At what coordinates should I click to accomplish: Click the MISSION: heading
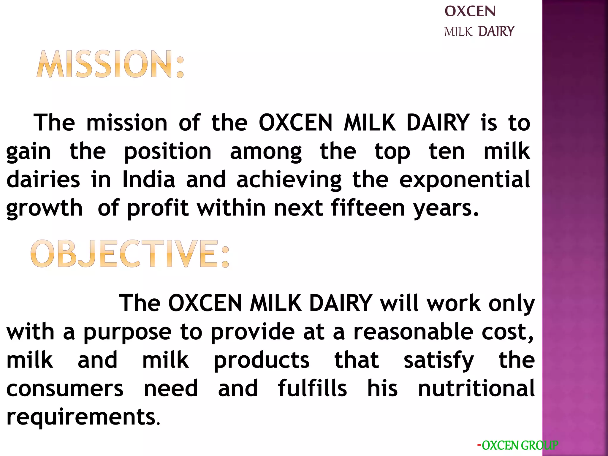(110, 64)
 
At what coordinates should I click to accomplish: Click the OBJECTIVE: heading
(130, 254)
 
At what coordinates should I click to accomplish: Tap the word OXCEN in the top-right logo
(470, 12)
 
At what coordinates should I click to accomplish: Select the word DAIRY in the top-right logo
(496, 31)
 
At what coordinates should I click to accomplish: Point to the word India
(149, 180)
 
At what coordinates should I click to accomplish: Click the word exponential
(465, 180)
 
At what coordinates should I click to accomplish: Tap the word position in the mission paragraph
(168, 151)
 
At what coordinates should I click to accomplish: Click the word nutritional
(476, 388)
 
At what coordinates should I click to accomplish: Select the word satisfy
(439, 360)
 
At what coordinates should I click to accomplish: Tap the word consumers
(65, 388)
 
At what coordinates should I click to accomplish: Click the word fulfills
(312, 388)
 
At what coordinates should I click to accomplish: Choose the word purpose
(128, 332)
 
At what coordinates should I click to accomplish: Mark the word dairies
(43, 180)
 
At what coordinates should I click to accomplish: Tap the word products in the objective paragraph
(262, 360)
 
